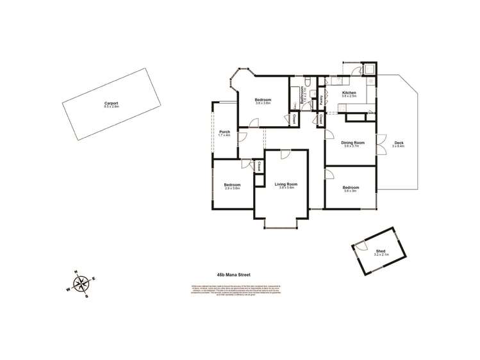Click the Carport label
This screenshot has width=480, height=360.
pos(112,103)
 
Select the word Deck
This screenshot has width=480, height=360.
pos(399,143)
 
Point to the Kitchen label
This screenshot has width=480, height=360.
pos(349,93)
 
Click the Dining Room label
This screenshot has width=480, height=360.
pos(352,143)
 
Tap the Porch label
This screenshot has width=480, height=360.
pos(224,131)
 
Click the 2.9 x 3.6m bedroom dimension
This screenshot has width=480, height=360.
pos(232,188)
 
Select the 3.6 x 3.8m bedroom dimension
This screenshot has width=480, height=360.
pos(263,103)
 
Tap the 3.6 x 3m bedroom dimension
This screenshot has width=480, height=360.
pos(351,191)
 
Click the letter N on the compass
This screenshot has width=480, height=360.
pos(76,272)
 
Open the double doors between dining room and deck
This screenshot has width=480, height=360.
pos(381,144)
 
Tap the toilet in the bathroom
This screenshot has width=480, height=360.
pos(308,81)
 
